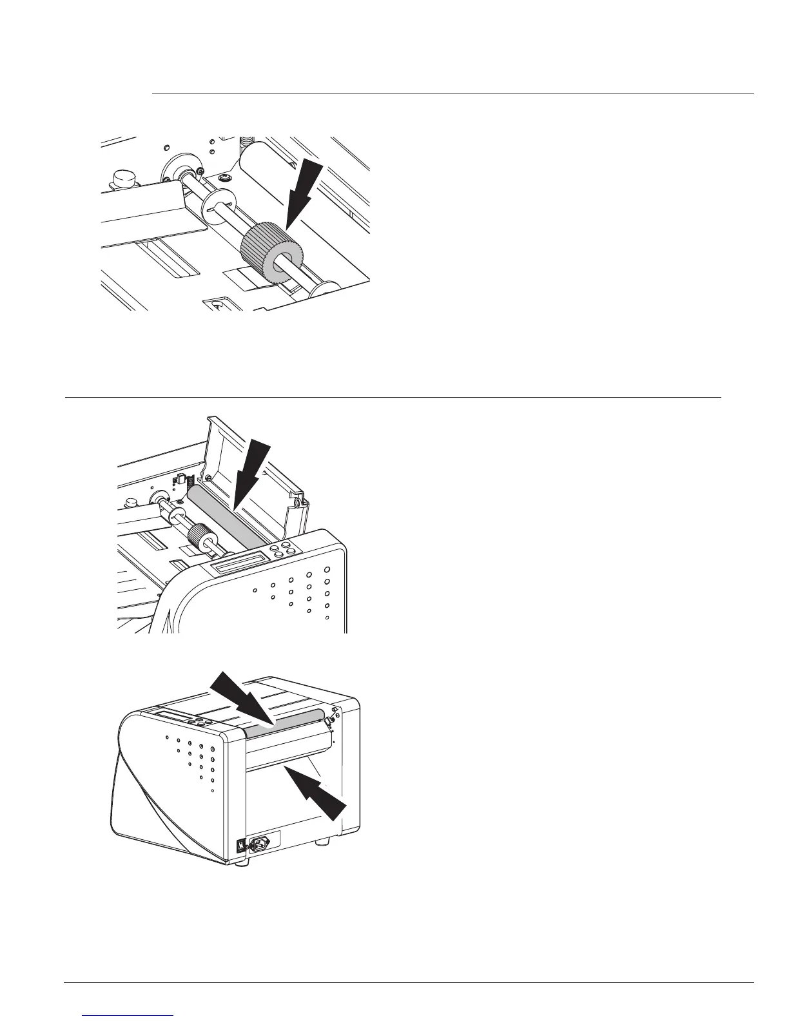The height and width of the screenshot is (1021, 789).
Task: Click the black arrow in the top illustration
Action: click(301, 193)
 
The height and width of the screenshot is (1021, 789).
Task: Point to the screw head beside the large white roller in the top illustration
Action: click(224, 177)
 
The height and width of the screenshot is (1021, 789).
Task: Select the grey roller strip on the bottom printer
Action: click(284, 722)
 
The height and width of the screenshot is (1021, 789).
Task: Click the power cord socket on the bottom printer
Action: click(264, 842)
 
